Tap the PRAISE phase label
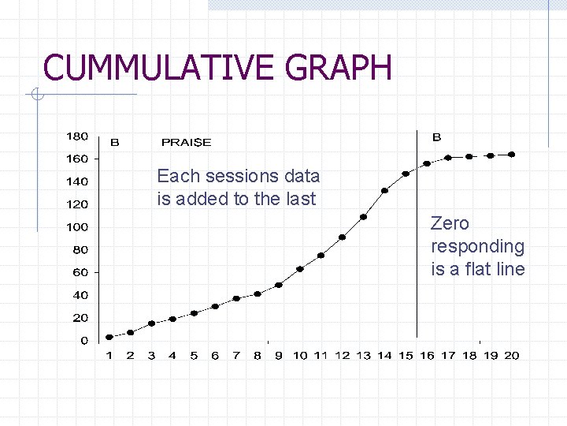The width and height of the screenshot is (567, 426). pos(186,143)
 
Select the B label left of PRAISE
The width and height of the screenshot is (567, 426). pos(115,143)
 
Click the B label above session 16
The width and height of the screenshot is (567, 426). pos(436,137)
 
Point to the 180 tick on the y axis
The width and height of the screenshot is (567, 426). pos(76,136)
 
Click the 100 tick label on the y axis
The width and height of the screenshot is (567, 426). pos(76,227)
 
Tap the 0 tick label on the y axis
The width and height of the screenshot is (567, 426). pos(83,341)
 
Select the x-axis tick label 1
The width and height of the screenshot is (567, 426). pos(109,356)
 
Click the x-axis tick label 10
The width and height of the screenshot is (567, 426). pos(300,356)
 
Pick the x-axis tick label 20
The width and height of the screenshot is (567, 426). pos(512,356)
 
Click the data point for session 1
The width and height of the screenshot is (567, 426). pos(109,338)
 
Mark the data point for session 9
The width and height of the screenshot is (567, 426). pos(279,285)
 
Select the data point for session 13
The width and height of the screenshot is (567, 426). pos(364,217)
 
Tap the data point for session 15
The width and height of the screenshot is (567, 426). pos(406,174)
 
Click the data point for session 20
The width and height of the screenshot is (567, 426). pos(512,155)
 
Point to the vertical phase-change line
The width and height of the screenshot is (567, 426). pos(417,237)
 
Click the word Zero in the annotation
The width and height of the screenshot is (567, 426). pos(450,224)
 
